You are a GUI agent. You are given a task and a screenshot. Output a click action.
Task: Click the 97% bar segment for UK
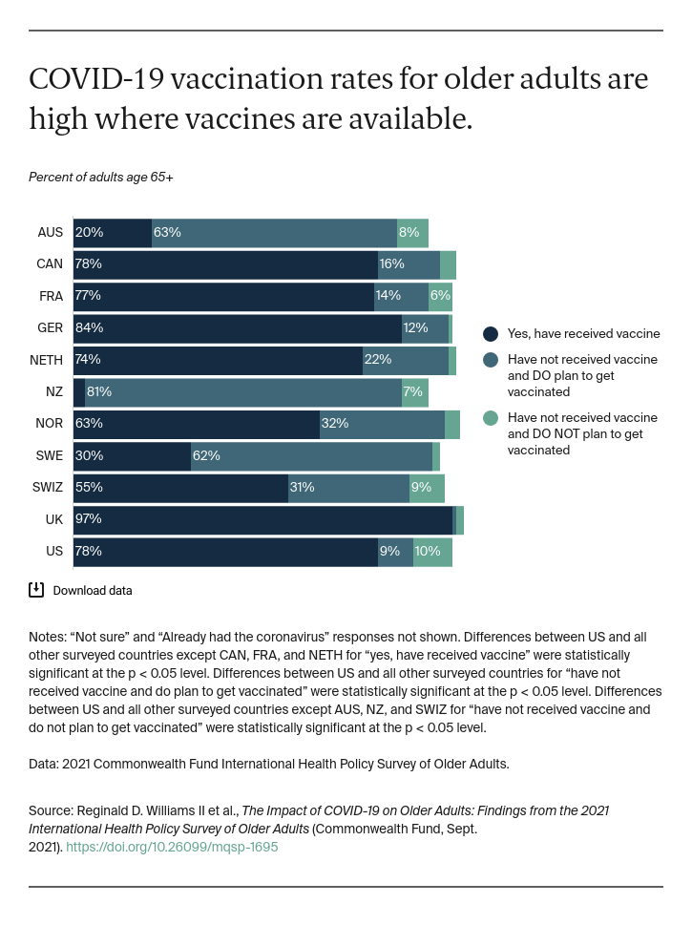pos(262,519)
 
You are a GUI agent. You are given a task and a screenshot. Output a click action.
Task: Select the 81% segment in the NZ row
pos(243,392)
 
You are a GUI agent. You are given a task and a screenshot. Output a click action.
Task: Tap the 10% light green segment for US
pos(432,552)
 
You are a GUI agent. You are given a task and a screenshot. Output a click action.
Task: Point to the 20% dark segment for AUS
pos(113,233)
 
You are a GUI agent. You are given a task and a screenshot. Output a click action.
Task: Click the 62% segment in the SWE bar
pos(311,456)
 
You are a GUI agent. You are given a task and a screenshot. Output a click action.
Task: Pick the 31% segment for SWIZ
pos(348,488)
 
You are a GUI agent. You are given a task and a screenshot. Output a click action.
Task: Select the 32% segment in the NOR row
pos(382,424)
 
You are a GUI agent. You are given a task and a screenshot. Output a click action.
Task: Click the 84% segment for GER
pos(238,328)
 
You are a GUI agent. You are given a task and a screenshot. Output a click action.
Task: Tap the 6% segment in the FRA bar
pos(440,297)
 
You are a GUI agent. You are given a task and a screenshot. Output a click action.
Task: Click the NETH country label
pos(47,360)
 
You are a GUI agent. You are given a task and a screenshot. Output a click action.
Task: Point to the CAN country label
pos(50,264)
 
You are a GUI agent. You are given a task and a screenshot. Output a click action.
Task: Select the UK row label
pos(53,519)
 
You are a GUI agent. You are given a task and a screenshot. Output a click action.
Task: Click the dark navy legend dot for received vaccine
pos(491,334)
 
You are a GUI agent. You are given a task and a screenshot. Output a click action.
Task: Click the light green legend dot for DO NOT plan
pos(491,417)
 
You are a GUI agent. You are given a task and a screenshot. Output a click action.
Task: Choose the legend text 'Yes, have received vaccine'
pos(583,334)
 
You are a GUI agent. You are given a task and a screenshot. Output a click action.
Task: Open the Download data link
pos(93,591)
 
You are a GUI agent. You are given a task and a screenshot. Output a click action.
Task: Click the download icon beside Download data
pos(36,590)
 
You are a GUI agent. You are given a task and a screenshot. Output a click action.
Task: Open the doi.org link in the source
pos(173,847)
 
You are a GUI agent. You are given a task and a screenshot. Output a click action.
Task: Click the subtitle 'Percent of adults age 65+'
pos(101,178)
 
